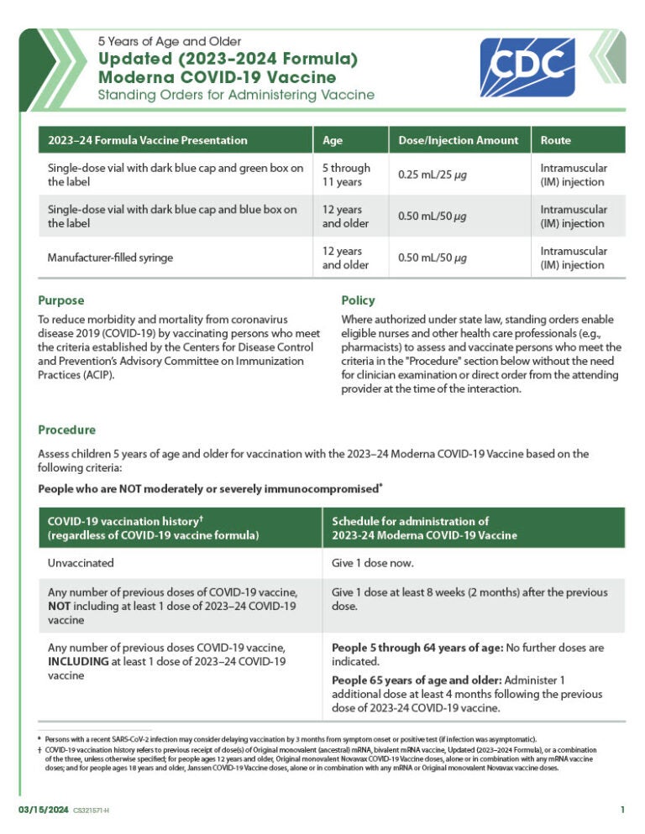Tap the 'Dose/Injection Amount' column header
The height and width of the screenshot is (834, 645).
pyautogui.click(x=458, y=140)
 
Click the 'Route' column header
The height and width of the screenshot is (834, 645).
pyautogui.click(x=555, y=140)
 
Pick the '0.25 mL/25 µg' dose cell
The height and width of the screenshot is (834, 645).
pyautogui.click(x=432, y=175)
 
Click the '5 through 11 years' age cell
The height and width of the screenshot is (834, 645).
pyautogui.click(x=346, y=175)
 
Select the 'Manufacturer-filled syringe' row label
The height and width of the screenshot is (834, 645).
pyautogui.click(x=110, y=258)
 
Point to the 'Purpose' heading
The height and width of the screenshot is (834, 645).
pyautogui.click(x=61, y=300)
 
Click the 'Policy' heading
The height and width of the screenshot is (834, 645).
pyautogui.click(x=358, y=300)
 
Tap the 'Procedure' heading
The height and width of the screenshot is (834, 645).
pyautogui.click(x=66, y=430)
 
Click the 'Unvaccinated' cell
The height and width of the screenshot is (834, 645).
pyautogui.click(x=81, y=563)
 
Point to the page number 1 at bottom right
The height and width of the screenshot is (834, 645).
pyautogui.click(x=622, y=809)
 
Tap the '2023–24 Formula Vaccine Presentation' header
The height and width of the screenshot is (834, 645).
pyautogui.click(x=148, y=140)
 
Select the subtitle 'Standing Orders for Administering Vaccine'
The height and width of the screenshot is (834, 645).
pyautogui.click(x=236, y=96)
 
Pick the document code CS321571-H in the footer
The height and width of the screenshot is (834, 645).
pyautogui.click(x=91, y=810)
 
